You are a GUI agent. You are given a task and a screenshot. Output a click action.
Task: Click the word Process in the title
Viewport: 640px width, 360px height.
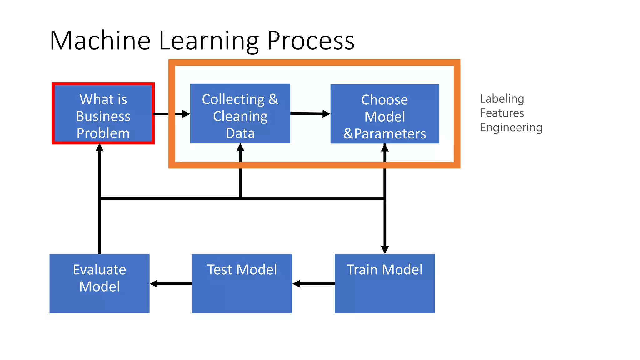(x=311, y=41)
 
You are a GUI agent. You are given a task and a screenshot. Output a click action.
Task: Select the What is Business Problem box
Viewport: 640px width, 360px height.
(x=103, y=113)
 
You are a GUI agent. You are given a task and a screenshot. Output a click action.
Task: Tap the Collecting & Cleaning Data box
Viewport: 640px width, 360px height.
(x=240, y=113)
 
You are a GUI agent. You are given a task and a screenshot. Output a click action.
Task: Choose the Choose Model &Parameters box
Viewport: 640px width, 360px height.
(x=385, y=114)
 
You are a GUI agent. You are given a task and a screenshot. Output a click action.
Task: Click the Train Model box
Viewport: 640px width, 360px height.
(x=385, y=283)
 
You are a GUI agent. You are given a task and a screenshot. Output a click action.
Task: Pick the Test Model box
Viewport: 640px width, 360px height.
(x=242, y=283)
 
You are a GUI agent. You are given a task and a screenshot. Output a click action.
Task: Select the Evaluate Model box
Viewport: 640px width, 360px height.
(x=99, y=283)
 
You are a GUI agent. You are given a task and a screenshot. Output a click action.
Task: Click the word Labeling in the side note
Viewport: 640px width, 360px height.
(x=502, y=99)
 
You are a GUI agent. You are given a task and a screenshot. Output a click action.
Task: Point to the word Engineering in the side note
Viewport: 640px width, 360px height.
(x=511, y=127)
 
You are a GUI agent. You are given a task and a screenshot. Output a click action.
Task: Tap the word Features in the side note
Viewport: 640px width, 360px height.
(x=502, y=113)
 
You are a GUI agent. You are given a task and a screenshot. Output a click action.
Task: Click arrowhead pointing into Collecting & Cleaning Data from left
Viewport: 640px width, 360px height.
(x=186, y=114)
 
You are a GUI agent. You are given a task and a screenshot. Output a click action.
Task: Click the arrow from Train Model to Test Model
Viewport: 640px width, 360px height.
(x=313, y=284)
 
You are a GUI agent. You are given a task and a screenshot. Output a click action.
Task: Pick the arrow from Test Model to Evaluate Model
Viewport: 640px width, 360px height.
(x=171, y=284)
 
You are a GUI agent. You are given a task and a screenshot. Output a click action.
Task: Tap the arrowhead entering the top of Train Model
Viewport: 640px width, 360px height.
(x=385, y=250)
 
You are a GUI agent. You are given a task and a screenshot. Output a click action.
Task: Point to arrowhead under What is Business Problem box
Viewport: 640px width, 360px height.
(x=99, y=147)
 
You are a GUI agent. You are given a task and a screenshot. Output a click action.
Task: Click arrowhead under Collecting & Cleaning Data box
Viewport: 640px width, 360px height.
(x=240, y=147)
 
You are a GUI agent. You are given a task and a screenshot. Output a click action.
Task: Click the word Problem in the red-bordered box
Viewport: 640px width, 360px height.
(x=103, y=133)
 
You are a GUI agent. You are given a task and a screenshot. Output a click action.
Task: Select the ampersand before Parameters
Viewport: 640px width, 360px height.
(x=348, y=134)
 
